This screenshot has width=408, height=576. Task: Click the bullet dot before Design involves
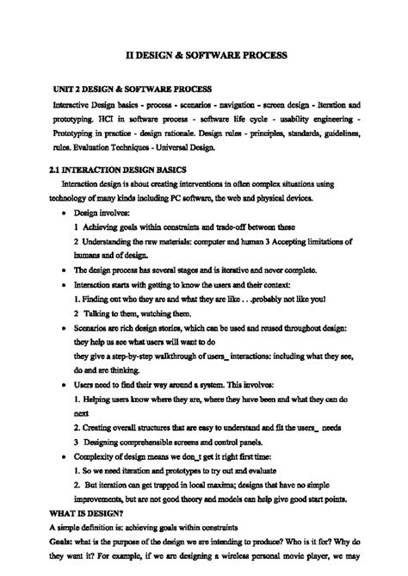66,212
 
